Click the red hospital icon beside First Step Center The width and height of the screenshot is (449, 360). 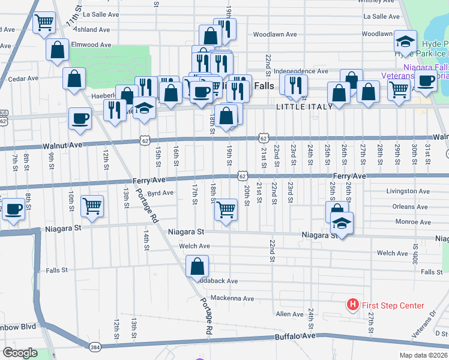tap(353, 305)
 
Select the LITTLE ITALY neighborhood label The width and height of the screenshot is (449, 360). tap(300, 106)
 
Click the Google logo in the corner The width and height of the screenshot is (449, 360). tap(19, 353)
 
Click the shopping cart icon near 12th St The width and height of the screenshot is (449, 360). tap(92, 206)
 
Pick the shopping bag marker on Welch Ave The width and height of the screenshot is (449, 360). tap(197, 265)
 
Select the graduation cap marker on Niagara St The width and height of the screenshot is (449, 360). tap(341, 223)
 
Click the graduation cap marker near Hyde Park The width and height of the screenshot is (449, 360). tap(405, 42)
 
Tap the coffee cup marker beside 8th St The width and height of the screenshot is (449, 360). tap(13, 210)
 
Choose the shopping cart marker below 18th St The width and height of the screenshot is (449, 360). tap(226, 210)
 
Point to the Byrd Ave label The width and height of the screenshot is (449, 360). tap(160, 193)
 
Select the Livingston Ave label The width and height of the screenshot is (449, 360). tap(408, 191)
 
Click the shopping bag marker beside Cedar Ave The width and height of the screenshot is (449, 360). tap(74, 78)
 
